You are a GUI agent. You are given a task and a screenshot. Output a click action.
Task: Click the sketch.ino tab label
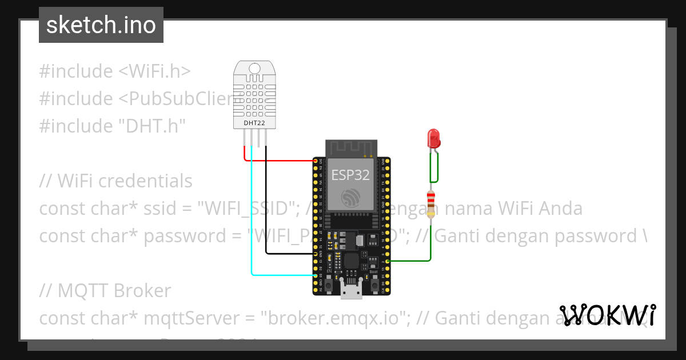[101, 25]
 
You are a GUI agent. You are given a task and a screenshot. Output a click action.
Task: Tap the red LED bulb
[433, 138]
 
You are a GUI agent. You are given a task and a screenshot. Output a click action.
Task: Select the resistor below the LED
[430, 204]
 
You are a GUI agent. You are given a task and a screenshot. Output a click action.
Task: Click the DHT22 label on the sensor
[254, 122]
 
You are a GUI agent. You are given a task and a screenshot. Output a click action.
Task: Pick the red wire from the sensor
[280, 161]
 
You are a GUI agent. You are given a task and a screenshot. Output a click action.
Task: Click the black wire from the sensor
[266, 217]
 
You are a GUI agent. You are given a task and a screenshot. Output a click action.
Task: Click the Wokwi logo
[608, 315]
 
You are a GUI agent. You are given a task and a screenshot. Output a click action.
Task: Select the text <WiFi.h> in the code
[154, 71]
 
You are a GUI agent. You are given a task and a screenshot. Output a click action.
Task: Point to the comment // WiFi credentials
[116, 181]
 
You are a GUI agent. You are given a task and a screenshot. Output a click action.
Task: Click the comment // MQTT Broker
[105, 291]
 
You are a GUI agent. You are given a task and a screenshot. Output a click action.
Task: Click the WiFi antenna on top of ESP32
[350, 149]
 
